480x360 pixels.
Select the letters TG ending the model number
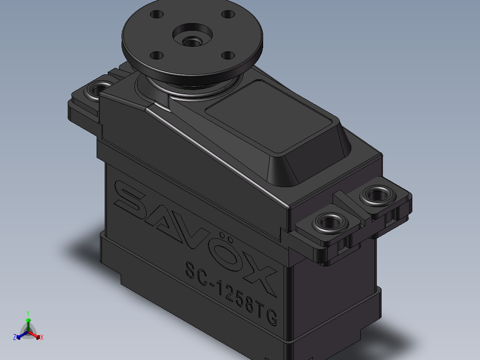point(268,315)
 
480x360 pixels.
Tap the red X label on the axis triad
point(41,338)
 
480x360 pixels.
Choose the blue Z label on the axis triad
point(15,337)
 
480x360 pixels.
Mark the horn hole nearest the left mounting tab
point(156,55)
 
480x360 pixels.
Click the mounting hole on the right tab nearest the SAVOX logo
point(330,221)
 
